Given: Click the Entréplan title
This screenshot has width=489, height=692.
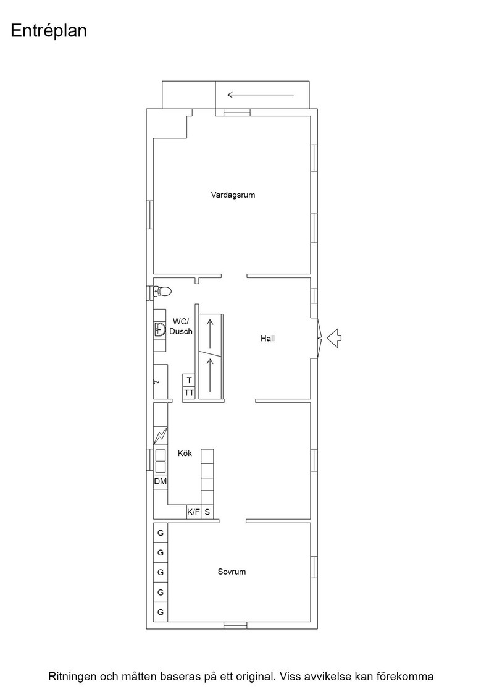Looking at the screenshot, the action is [x=49, y=32].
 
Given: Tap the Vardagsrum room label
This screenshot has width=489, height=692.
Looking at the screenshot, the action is [x=233, y=195].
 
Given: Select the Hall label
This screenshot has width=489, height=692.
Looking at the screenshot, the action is [x=267, y=339].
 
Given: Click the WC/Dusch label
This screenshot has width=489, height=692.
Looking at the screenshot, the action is [x=181, y=327].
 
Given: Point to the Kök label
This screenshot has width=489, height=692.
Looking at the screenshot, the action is [x=185, y=454].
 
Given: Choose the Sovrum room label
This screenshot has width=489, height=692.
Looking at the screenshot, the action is [x=232, y=572].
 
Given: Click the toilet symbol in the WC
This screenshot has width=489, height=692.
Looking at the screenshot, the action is [x=162, y=291].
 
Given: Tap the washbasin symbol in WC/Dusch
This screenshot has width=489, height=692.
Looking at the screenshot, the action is [x=160, y=329].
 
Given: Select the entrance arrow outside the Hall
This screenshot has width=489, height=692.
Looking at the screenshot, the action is [x=334, y=338].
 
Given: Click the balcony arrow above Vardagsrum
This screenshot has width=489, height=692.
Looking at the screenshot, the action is [x=261, y=95].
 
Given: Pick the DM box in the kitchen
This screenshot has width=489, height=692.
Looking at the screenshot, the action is [x=161, y=481].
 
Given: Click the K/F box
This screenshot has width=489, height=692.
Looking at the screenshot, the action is [x=194, y=512].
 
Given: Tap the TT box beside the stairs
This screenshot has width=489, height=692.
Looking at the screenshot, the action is [x=189, y=393].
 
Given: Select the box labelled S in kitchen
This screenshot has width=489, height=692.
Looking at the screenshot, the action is [x=207, y=512].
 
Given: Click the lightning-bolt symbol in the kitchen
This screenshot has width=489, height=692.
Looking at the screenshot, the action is [x=161, y=436].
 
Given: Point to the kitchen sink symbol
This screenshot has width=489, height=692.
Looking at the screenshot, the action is [x=160, y=461].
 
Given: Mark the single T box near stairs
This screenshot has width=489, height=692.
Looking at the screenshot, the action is [x=189, y=381].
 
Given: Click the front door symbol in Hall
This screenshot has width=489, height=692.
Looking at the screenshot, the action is [x=320, y=338].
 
